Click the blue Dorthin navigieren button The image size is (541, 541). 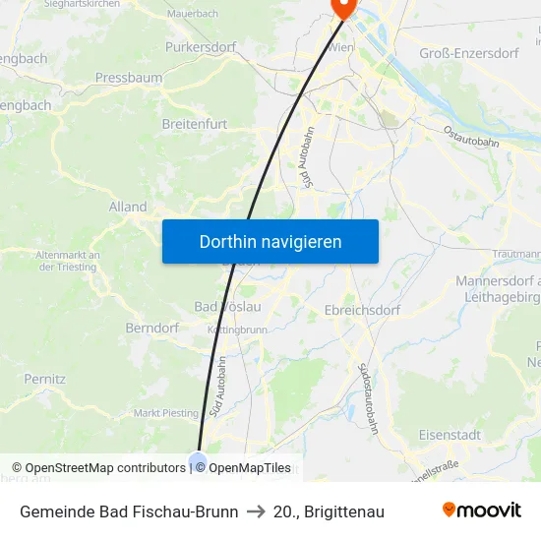[x=270, y=241]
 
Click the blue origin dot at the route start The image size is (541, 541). [x=198, y=461]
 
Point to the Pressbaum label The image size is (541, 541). [x=128, y=77]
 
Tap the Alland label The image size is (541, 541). [x=128, y=208]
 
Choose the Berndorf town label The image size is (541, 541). [x=150, y=328]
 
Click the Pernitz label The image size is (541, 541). [x=45, y=378]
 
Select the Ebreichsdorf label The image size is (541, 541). [x=362, y=310]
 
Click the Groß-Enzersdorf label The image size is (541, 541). [x=468, y=53]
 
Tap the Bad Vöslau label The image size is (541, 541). [x=227, y=307]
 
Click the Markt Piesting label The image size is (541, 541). [x=165, y=413]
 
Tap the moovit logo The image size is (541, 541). [x=482, y=511]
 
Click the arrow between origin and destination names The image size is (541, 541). [x=256, y=511]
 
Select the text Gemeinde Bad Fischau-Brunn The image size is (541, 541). [x=129, y=511]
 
